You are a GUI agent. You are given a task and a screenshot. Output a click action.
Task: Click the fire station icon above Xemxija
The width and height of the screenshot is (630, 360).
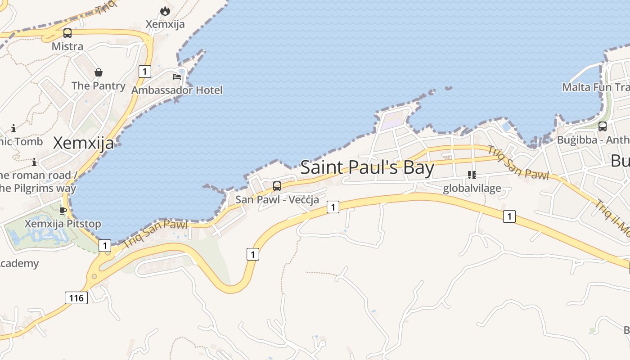pos(165,11)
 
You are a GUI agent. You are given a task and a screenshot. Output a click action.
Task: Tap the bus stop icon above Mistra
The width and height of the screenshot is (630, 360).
pos(67,33)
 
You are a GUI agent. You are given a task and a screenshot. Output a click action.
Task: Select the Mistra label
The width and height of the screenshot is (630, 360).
pos(67,46)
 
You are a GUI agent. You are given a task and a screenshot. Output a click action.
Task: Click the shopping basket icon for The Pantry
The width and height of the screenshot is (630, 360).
pos(98,72)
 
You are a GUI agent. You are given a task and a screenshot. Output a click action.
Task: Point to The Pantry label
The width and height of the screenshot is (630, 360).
pos(98,85)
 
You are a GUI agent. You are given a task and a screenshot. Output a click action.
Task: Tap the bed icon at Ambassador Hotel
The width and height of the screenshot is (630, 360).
pos(177,76)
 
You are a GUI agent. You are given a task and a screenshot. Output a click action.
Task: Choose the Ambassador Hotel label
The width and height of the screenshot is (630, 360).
pos(177,90)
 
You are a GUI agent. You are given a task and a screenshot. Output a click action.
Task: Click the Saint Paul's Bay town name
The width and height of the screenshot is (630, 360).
pos(367,168)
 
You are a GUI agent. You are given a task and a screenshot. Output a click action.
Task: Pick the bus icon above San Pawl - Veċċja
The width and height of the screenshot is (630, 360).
pos(277,186)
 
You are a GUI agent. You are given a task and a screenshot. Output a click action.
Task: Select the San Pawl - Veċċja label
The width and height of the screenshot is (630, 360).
pos(277,199)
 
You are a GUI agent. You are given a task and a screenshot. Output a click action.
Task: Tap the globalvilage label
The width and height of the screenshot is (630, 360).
pos(472,188)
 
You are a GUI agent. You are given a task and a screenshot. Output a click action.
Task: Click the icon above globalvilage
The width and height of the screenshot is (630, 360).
pos(472,175)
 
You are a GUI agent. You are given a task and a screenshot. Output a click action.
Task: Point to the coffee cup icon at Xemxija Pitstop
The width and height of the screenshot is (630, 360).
pos(63,211)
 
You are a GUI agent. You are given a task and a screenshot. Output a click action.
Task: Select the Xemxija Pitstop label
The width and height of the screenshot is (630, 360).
pos(63,224)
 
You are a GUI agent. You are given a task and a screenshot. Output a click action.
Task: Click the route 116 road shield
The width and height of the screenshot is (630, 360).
pos(76,298)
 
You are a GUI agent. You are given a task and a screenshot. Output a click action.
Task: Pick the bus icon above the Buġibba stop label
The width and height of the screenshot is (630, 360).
pos(603,126)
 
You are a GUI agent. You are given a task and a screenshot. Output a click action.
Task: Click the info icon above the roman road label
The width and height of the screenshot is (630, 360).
pos(34,162)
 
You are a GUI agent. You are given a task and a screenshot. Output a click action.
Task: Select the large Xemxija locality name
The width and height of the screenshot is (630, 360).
pos(83,143)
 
